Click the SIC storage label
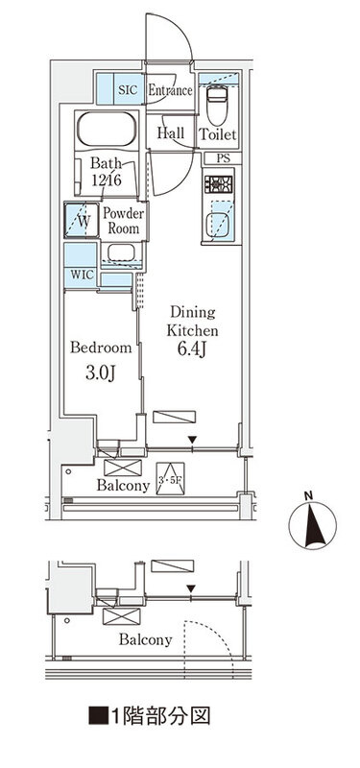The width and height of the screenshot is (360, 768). [x=129, y=90]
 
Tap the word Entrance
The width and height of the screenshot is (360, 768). [x=170, y=90]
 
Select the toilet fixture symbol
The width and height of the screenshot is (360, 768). [x=216, y=107]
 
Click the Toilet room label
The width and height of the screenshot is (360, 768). [x=218, y=134]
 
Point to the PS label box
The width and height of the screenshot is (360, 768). [x=223, y=158]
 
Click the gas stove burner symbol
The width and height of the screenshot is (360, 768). [x=219, y=184]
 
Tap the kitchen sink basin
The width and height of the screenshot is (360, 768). [x=218, y=226]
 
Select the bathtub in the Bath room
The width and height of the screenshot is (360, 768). [x=106, y=130]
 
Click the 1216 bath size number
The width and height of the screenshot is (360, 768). [x=107, y=180]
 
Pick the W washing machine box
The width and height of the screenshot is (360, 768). [x=82, y=221]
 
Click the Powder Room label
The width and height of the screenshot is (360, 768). [x=124, y=221]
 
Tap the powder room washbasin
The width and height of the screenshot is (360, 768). [x=122, y=252]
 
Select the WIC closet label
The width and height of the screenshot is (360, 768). [x=82, y=275]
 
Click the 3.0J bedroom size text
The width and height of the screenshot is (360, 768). [x=101, y=373]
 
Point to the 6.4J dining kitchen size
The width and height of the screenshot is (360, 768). [x=192, y=349]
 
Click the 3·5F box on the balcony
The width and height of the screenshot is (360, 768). [x=171, y=479]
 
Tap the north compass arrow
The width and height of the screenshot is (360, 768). [x=314, y=526]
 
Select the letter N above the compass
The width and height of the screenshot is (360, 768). [x=308, y=495]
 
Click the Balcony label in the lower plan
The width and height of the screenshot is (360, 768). [x=146, y=639]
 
